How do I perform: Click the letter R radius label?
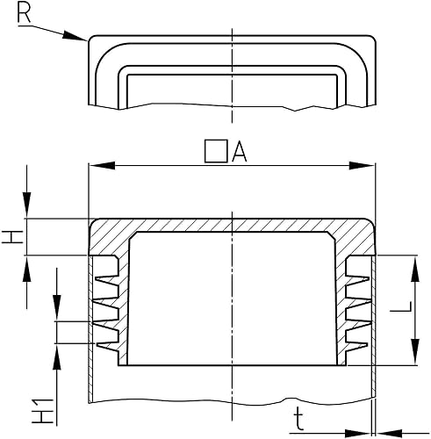pyautogui.click(x=24, y=13)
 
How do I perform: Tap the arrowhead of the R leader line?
pyautogui.click(x=75, y=36)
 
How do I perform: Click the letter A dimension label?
pyautogui.click(x=240, y=152)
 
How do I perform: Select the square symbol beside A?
pyautogui.click(x=216, y=151)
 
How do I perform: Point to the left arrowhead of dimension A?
pyautogui.click(x=101, y=165)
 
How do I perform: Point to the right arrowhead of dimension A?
pyautogui.click(x=363, y=165)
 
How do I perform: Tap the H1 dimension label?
pyautogui.click(x=43, y=411)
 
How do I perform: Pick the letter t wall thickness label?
pyautogui.click(x=298, y=420)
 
